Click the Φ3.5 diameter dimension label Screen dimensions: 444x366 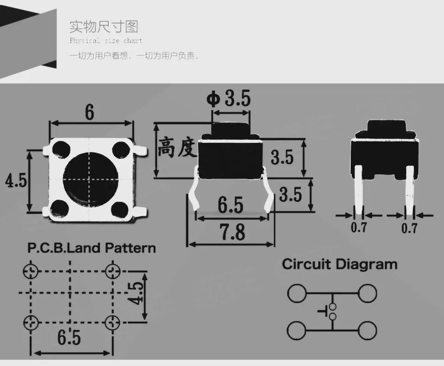pos(229,98)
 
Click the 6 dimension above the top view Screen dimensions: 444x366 pos(90,112)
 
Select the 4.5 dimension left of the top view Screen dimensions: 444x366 pos(16,181)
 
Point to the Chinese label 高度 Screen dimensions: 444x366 pos(177,147)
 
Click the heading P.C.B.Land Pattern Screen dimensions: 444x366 pos(91,248)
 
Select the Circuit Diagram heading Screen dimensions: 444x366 pos(340,264)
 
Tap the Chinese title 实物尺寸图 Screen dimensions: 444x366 pos(104,27)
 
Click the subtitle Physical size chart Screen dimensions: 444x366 pos(106,41)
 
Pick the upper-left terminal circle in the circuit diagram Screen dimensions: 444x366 pos(297,293)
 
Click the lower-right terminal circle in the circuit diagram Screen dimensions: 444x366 pos(368,331)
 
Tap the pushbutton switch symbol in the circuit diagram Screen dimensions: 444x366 pos(329,311)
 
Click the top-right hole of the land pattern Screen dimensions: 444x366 pos(112,271)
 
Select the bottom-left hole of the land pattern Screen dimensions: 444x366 pos(31,323)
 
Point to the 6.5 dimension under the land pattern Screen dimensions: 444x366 pos(69,338)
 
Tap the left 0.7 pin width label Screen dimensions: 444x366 pos(358,228)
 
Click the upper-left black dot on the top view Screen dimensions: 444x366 pos(60,149)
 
